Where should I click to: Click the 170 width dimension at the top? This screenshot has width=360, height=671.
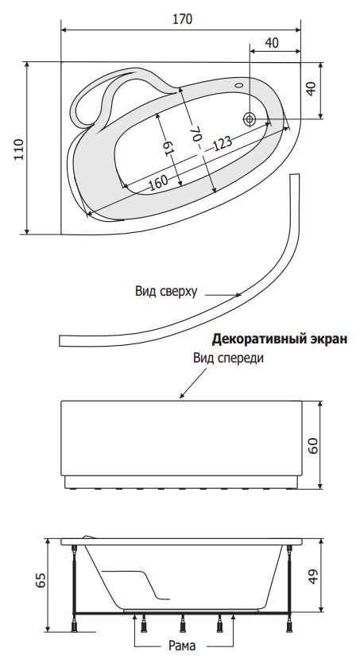coord(183,19)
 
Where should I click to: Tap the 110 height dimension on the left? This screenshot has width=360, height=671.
coord(19,149)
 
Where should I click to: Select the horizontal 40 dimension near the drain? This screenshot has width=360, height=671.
coord(272,43)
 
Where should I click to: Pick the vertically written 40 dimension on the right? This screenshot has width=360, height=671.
coord(312,88)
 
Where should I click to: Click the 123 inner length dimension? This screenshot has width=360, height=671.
coord(223,143)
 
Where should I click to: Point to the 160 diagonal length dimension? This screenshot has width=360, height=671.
coord(158,182)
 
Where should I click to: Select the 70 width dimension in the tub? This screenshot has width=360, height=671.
coord(195,133)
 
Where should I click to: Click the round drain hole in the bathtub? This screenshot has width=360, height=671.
coord(250,118)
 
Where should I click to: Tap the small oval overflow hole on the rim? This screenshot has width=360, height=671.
coord(239,84)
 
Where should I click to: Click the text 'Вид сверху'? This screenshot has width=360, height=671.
coord(166,292)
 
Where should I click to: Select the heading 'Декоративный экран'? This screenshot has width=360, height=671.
coord(280,339)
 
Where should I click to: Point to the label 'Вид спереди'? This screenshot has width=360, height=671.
coord(228,359)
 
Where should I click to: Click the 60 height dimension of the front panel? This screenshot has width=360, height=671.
coord(313,446)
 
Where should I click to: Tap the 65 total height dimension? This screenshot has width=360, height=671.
coord(41,580)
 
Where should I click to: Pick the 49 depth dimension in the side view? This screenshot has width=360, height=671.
coord(313,576)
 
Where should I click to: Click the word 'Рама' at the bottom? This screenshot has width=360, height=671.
coord(182,646)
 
